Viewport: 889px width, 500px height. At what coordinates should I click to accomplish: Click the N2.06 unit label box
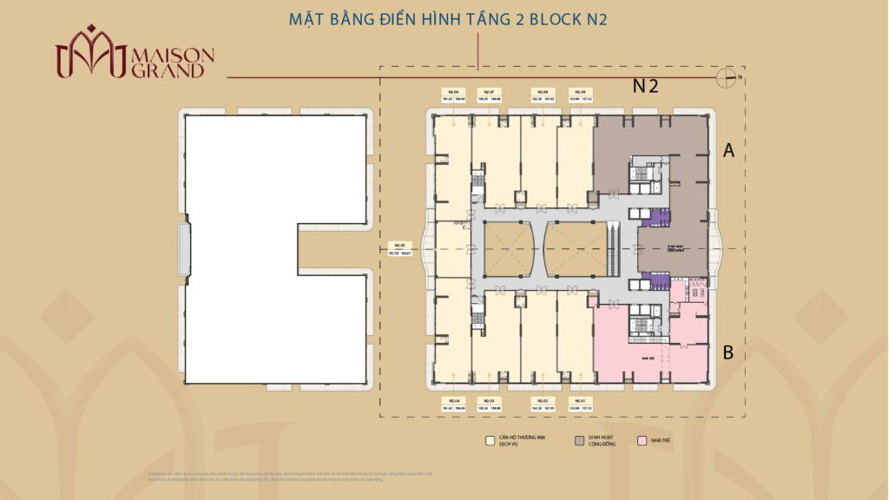(x=453, y=95)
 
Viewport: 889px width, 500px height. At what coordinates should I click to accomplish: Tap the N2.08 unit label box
(x=542, y=95)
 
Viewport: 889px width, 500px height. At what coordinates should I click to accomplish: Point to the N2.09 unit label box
(x=579, y=95)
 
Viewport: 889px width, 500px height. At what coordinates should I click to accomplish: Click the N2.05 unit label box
(x=400, y=249)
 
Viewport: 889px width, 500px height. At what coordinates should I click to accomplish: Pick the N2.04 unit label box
(x=453, y=404)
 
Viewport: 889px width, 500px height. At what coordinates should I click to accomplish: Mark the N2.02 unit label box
(x=542, y=404)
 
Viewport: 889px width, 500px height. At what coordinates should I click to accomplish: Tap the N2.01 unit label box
(x=579, y=404)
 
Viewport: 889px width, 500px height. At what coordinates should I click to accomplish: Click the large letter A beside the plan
(x=729, y=152)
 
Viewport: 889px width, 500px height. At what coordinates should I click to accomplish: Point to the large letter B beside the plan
(x=729, y=353)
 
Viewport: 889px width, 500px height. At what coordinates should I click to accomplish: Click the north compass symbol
(x=728, y=77)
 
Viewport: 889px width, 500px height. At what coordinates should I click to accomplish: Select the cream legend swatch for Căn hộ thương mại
(x=490, y=440)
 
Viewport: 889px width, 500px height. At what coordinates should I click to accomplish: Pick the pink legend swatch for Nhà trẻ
(x=642, y=440)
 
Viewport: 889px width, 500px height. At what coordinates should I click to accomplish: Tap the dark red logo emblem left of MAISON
(x=91, y=52)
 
